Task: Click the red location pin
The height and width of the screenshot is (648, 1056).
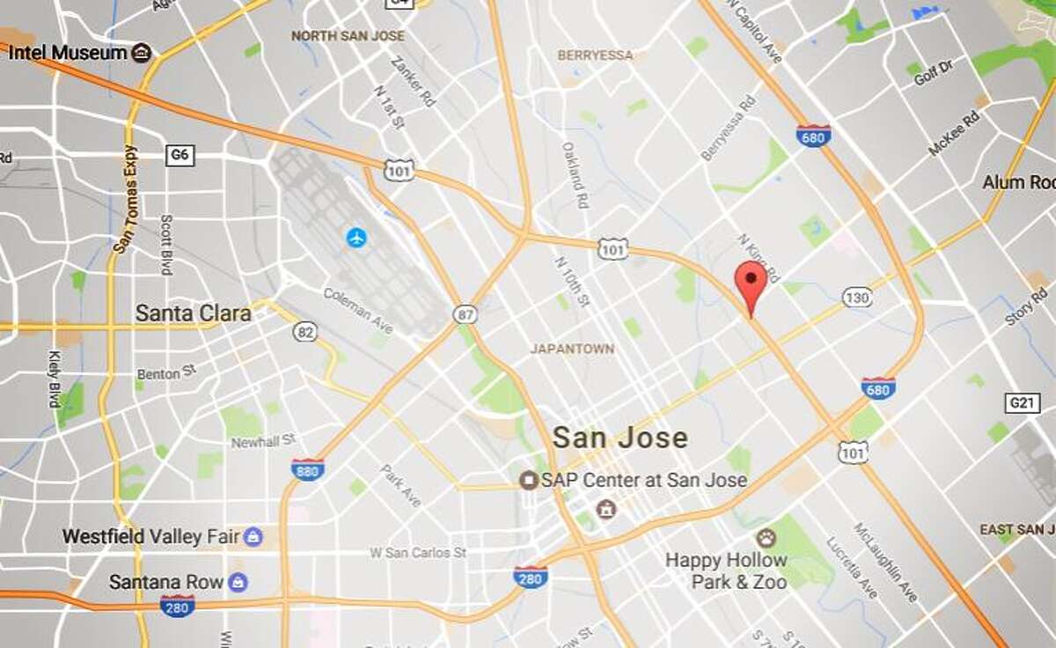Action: [x=750, y=280]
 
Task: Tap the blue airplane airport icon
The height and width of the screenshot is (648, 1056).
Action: [x=356, y=237]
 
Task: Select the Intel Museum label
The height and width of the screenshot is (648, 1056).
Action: [x=68, y=53]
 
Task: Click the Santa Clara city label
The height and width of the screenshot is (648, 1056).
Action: [x=193, y=313]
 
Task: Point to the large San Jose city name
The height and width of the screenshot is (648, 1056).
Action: [x=620, y=438]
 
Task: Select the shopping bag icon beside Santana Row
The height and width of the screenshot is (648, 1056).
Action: [x=238, y=582]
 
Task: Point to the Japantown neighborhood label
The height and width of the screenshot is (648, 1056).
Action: [x=572, y=349]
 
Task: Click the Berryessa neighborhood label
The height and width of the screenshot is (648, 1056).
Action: [x=595, y=55]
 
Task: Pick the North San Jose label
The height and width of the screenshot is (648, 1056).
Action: [x=348, y=36]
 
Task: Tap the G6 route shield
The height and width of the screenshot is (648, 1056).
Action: [x=180, y=156]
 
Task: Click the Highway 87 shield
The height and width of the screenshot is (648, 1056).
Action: [x=466, y=313]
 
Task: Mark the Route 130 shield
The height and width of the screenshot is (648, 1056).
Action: [x=856, y=298]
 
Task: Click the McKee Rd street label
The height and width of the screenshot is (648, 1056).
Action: [x=953, y=135]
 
